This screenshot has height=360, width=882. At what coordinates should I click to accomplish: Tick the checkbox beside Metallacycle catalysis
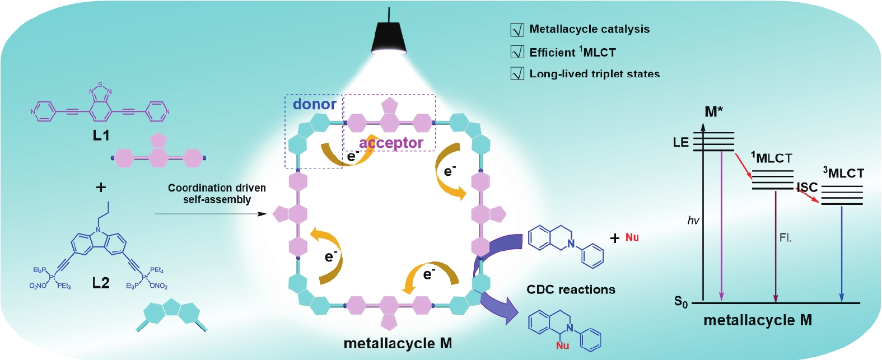[x=517, y=30]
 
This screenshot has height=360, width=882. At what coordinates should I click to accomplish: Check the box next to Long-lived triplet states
[x=517, y=74]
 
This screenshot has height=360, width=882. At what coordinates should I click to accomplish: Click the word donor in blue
[x=314, y=104]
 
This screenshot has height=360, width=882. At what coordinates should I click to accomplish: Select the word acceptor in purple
[x=391, y=143]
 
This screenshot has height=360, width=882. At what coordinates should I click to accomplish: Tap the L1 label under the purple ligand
[x=101, y=135]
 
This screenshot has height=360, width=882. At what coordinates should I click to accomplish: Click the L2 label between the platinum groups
[x=101, y=283]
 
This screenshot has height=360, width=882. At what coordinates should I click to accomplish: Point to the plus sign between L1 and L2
[x=101, y=187]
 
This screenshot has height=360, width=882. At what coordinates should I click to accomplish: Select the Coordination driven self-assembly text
[x=217, y=194]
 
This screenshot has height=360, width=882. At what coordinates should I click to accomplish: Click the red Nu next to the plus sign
[x=632, y=237]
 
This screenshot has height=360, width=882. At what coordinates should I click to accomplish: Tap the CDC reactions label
[x=571, y=289]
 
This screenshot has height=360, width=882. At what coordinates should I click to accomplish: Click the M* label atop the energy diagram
[x=713, y=112]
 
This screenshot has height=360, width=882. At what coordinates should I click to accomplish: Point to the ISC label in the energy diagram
[x=807, y=187]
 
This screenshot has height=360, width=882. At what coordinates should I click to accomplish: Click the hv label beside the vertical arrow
[x=693, y=221]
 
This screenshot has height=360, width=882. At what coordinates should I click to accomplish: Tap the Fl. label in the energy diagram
[x=785, y=238]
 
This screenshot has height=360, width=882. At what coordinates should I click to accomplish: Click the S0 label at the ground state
[x=680, y=302]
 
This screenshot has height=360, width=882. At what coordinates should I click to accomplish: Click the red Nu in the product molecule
[x=562, y=345]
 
